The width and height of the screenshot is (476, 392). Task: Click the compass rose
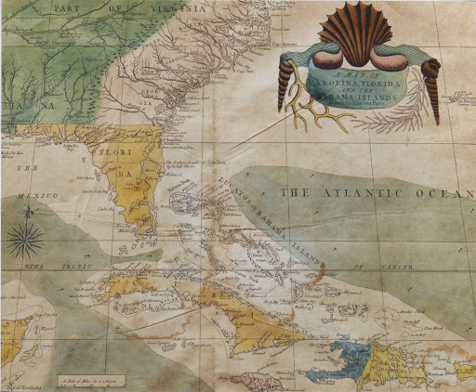click(x=24, y=238)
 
